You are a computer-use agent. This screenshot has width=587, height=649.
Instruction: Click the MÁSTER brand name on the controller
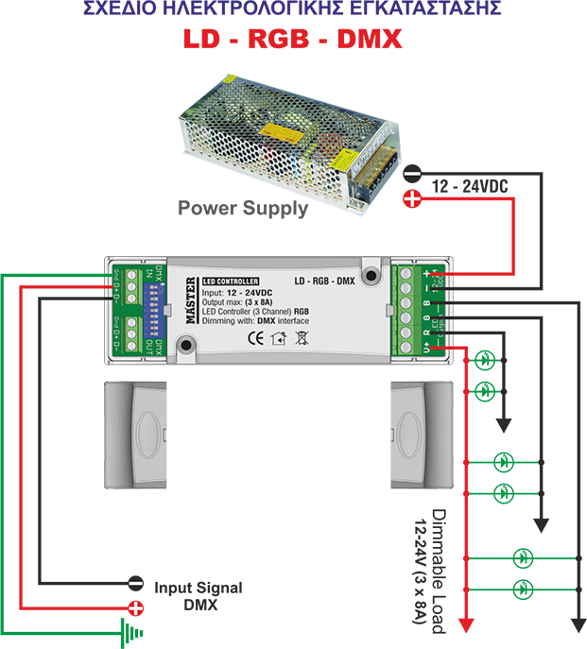(x=190, y=302)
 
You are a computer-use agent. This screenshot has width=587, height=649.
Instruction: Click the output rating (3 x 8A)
(x=266, y=303)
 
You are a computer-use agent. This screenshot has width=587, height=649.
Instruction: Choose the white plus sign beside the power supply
(x=412, y=198)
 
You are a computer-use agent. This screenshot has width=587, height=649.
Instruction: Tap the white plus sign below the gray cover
(x=136, y=608)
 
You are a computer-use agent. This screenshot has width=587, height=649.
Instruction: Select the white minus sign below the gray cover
(x=136, y=584)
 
